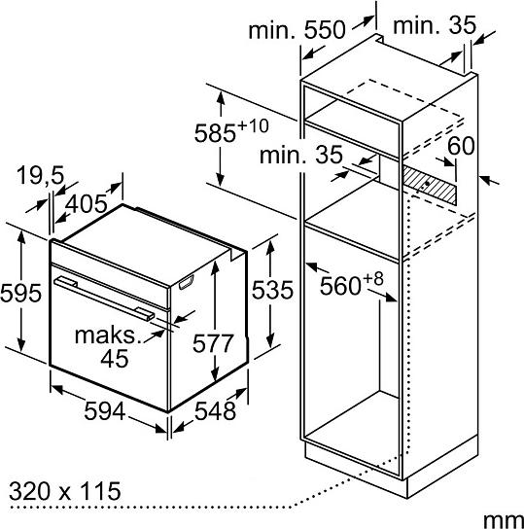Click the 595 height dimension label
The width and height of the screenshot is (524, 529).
[x=21, y=293]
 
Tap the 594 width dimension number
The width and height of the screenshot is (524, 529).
[x=105, y=411]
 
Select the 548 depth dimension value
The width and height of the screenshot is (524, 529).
[x=215, y=411]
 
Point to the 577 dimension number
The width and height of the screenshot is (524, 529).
[x=213, y=343]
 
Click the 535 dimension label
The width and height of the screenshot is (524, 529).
[x=272, y=290]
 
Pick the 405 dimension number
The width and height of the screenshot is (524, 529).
[x=86, y=204]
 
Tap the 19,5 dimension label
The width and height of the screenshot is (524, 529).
[x=40, y=175]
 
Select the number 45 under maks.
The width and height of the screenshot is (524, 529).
[x=115, y=358]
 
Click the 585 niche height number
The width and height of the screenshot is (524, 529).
[x=215, y=133]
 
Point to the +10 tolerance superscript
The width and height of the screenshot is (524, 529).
[x=253, y=126]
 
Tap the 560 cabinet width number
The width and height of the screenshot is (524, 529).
[x=340, y=286]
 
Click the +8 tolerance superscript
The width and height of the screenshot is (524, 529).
[x=373, y=279]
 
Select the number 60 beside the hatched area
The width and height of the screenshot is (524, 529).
[x=461, y=146]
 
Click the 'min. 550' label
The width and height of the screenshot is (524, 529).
[x=297, y=30]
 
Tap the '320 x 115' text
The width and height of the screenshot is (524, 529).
[x=65, y=491]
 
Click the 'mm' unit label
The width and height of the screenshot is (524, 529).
[x=504, y=520]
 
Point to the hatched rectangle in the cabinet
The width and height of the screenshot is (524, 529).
[x=430, y=185]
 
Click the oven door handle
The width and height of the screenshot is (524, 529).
[x=105, y=298]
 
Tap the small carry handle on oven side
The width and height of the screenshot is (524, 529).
[x=187, y=282]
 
